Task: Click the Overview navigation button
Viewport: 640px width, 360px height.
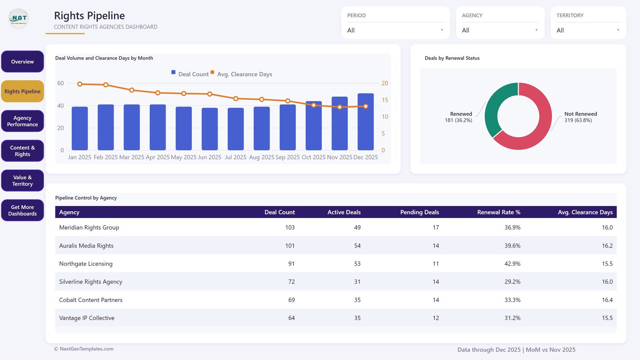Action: pos(22,62)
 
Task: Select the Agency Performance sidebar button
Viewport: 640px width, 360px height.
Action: pos(22,121)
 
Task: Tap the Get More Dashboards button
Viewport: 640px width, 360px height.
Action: pos(22,210)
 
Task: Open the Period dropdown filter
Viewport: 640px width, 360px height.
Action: pos(396,30)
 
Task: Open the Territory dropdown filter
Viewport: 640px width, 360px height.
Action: pos(588,30)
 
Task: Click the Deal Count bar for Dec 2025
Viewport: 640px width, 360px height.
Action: pos(366,122)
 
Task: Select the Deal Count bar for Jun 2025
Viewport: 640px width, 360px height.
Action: pos(210,129)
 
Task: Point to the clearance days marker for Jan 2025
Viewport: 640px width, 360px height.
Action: pos(80,84)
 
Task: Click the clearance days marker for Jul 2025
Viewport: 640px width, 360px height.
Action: pos(236,98)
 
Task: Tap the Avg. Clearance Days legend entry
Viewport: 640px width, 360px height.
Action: pos(242,74)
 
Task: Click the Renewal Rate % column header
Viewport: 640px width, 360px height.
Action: pos(498,212)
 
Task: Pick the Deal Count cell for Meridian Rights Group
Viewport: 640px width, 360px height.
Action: pos(290,228)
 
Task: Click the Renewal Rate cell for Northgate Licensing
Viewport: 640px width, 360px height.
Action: pos(512,264)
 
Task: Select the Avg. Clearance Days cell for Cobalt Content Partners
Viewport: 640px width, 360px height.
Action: pos(607,300)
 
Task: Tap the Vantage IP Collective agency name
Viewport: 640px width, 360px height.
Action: pos(86,318)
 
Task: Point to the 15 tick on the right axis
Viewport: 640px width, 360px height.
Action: pos(385,100)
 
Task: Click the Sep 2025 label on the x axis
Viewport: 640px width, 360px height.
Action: pos(288,157)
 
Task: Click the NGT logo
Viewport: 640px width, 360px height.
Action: pos(18,18)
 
